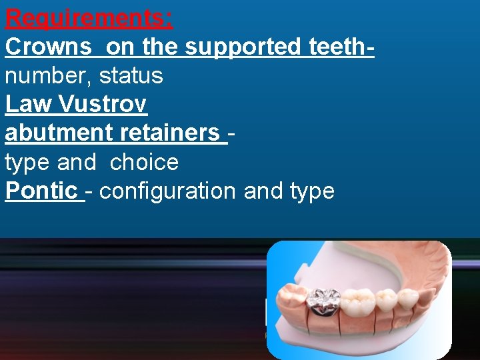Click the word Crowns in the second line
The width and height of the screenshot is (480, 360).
click(48, 47)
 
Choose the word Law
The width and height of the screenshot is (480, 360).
click(28, 104)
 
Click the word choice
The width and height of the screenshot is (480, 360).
click(144, 162)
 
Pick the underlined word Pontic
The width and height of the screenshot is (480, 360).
click(41, 191)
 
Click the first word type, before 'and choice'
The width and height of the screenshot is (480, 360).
click(27, 162)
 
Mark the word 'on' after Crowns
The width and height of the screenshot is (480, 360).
click(120, 47)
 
